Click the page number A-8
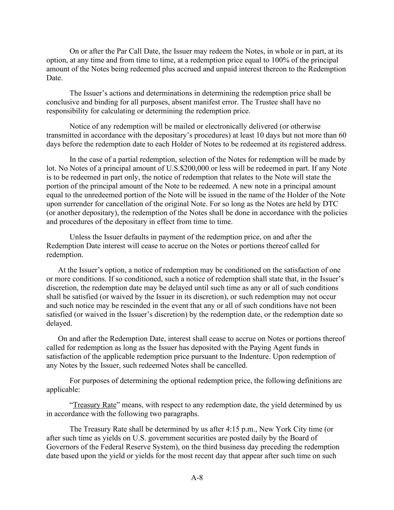[x=197, y=477]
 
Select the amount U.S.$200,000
[x=187, y=168]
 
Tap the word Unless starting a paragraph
[x=80, y=237]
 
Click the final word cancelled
[x=231, y=365]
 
